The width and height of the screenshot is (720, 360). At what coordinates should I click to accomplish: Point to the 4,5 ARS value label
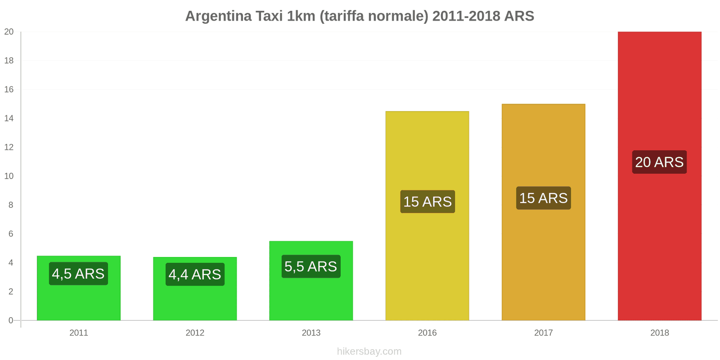78,274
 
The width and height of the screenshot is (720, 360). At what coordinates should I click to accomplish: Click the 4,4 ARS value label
195,274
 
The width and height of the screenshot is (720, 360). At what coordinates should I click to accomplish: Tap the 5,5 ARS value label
311,266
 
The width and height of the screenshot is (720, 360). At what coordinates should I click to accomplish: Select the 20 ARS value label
659,162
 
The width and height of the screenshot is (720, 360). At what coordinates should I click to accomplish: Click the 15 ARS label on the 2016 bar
427,202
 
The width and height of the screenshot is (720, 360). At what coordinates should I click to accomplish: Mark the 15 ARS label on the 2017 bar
543,198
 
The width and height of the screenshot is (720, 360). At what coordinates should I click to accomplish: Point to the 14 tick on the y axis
9,118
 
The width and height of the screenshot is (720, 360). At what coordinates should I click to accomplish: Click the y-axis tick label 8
11,205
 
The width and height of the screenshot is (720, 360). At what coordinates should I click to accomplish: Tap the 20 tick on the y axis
9,31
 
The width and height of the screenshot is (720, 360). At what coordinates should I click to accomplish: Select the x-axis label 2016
427,333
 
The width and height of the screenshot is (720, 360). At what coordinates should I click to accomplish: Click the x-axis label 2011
79,333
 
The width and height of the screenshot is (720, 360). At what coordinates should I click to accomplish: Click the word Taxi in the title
269,16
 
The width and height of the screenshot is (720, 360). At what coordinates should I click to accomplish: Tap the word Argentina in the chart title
218,16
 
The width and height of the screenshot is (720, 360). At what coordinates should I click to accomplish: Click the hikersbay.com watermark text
369,351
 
